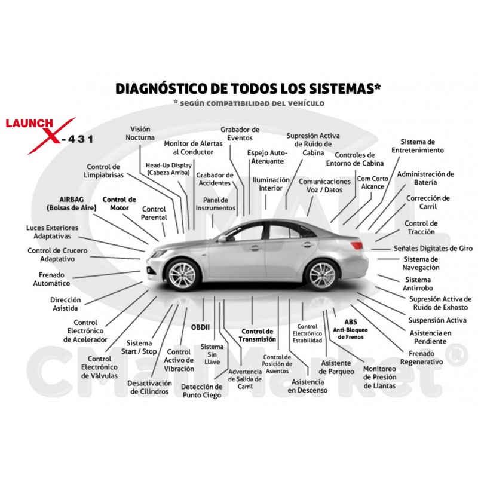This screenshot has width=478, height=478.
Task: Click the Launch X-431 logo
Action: (49, 136)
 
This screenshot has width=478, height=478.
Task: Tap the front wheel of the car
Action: (183, 275)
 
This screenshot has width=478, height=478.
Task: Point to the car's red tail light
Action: (356, 245)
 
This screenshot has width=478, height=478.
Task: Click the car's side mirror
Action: (222, 238)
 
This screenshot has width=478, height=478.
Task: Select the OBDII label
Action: (200, 327)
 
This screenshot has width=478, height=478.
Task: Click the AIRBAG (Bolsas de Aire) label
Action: (71, 204)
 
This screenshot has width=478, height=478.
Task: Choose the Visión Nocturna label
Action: (140, 133)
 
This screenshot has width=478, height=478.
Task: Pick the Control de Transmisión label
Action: (257, 335)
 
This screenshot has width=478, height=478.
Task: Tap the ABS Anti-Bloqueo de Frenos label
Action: (350, 329)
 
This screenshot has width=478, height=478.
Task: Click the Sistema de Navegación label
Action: (421, 263)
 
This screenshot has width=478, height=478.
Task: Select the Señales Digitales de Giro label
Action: (433, 249)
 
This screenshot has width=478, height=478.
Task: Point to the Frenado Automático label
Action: (51, 279)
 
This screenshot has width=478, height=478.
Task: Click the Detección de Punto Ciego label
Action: (201, 391)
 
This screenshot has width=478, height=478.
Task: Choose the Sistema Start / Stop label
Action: (139, 347)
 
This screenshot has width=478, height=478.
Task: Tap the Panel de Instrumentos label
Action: (216, 204)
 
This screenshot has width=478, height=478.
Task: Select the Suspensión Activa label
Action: (437, 320)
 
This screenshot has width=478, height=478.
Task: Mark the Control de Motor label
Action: (119, 204)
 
